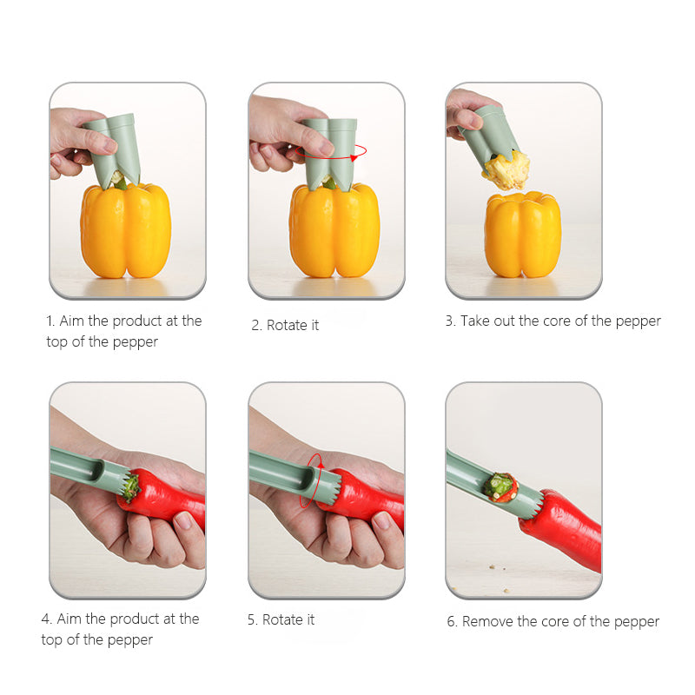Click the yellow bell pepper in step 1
126,230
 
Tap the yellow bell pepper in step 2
334,230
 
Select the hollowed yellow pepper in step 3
523,235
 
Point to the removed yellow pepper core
507,170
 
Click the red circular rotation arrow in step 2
331,157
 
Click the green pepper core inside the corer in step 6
500,486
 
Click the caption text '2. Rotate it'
285,325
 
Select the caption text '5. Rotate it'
281,619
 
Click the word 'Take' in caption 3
474,321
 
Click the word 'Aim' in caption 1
71,321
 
